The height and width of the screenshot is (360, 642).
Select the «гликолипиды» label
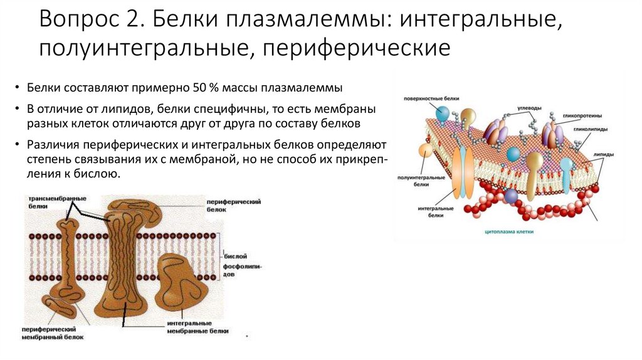pos(587,129)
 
